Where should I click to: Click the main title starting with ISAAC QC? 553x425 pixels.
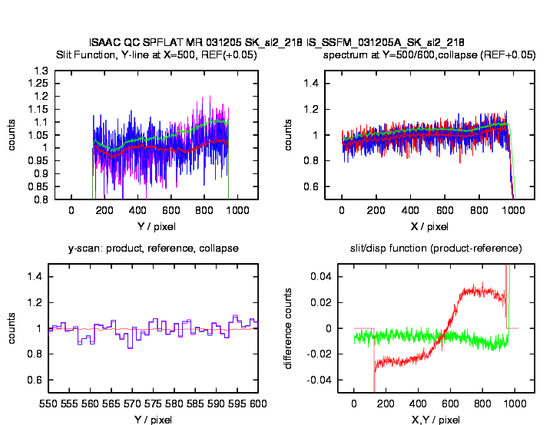pyautogui.click(x=276, y=41)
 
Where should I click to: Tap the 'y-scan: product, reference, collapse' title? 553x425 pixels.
pyautogui.click(x=154, y=249)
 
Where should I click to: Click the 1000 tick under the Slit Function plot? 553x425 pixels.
pyautogui.click(x=237, y=211)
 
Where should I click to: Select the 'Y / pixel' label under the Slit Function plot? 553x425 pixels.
pyautogui.click(x=154, y=226)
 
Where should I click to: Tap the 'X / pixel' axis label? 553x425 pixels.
pyautogui.click(x=429, y=226)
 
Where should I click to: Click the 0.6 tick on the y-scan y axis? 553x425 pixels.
pyautogui.click(x=33, y=380)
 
